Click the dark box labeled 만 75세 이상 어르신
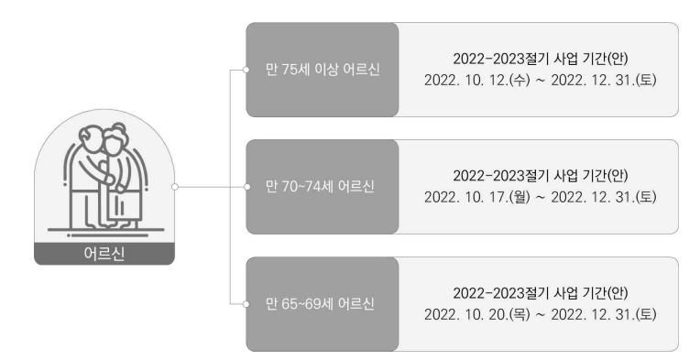(x=323, y=70)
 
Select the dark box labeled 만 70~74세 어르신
(x=323, y=187)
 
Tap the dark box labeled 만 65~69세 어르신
(x=323, y=304)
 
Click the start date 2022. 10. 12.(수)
(x=477, y=80)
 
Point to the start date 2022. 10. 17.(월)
(x=477, y=197)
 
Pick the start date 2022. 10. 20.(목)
(x=477, y=315)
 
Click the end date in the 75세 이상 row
(x=604, y=80)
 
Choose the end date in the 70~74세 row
(x=604, y=197)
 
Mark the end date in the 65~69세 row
(x=604, y=315)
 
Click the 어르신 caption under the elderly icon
(x=104, y=254)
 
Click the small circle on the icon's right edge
(x=175, y=187)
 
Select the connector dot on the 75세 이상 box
(x=246, y=70)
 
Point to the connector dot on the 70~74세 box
(x=247, y=187)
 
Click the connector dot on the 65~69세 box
(x=246, y=304)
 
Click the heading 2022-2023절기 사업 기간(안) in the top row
(x=541, y=59)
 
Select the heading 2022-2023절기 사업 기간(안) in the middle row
(x=541, y=176)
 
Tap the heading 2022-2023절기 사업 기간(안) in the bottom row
(x=541, y=293)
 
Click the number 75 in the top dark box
(x=290, y=70)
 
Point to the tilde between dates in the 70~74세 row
(x=541, y=198)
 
